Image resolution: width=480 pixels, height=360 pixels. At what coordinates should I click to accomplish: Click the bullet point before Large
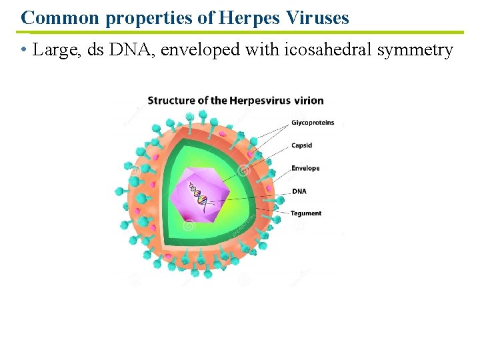tap(23, 51)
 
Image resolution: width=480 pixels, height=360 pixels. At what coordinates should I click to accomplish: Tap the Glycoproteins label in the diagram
tap(313, 123)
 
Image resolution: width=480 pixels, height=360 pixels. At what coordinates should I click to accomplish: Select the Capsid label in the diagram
tap(301, 145)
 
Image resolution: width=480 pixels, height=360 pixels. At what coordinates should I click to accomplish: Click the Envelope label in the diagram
tap(305, 168)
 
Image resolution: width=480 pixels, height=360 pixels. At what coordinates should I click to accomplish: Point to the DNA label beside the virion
tap(299, 191)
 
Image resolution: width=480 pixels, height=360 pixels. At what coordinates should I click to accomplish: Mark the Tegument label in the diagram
tap(306, 213)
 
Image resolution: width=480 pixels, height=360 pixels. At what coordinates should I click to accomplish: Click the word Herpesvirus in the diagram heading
tap(260, 101)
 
